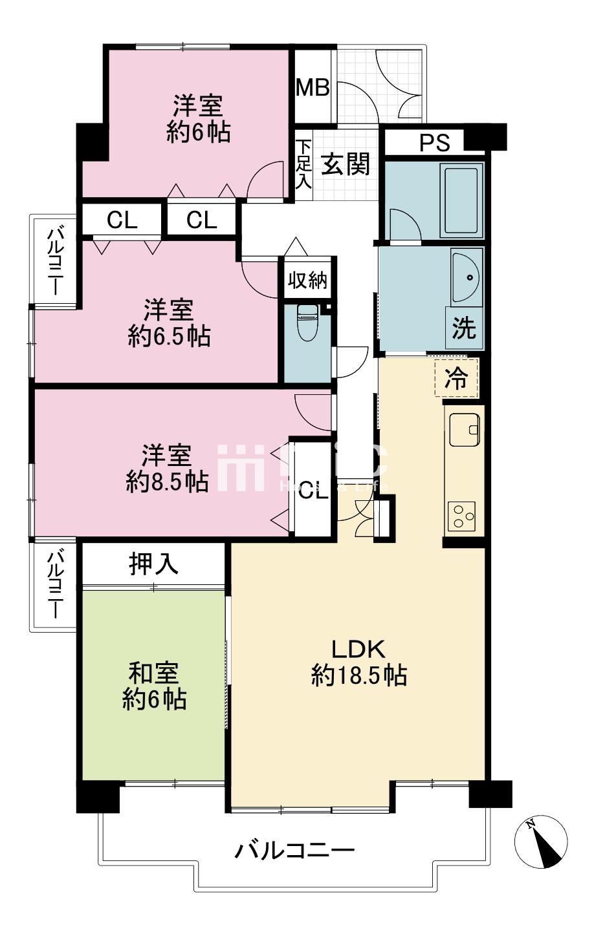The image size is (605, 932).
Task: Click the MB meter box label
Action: [313, 87]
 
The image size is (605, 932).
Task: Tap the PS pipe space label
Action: [434, 142]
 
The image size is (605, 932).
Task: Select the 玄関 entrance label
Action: [346, 164]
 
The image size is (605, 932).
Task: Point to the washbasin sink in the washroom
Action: [467, 278]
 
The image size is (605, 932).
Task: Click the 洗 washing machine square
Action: [463, 328]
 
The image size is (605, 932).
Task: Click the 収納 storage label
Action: [308, 281]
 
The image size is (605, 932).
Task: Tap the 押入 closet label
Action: [153, 564]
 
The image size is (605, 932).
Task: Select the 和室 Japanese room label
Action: [154, 673]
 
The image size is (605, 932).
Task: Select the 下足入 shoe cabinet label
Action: [303, 164]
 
